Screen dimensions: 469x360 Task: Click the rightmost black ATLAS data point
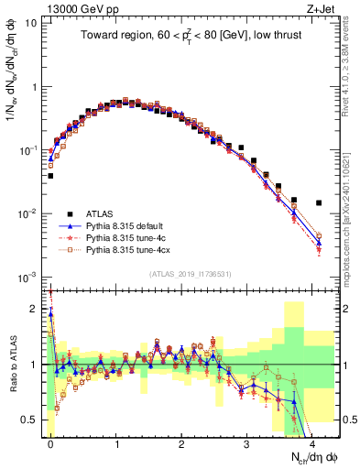point(319,202)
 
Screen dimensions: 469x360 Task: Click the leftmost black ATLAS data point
point(50,176)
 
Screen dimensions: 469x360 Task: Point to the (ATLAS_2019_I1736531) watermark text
point(189,274)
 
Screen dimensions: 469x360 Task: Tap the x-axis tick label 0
point(50,442)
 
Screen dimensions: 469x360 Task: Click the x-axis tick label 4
point(312,442)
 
